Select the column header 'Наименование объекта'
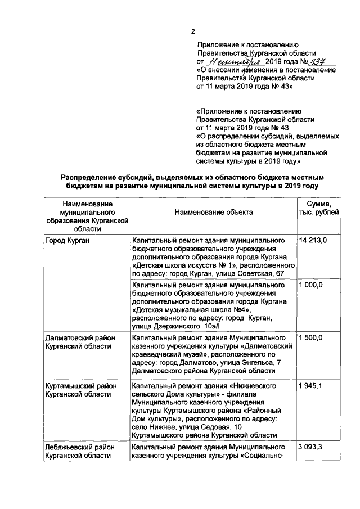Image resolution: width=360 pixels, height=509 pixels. pyautogui.click(x=213, y=212)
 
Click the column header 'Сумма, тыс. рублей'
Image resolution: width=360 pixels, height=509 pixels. pyautogui.click(x=318, y=208)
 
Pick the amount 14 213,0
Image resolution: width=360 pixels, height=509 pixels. pyautogui.click(x=313, y=241)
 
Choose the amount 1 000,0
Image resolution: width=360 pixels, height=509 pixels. pyautogui.click(x=311, y=286)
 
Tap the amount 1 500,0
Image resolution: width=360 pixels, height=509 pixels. pyautogui.click(x=311, y=337)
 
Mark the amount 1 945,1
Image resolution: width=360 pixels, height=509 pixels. pyautogui.click(x=311, y=388)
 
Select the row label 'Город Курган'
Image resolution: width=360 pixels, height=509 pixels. pyautogui.click(x=67, y=241)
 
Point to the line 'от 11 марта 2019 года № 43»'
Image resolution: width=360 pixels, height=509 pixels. pyautogui.click(x=244, y=88)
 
